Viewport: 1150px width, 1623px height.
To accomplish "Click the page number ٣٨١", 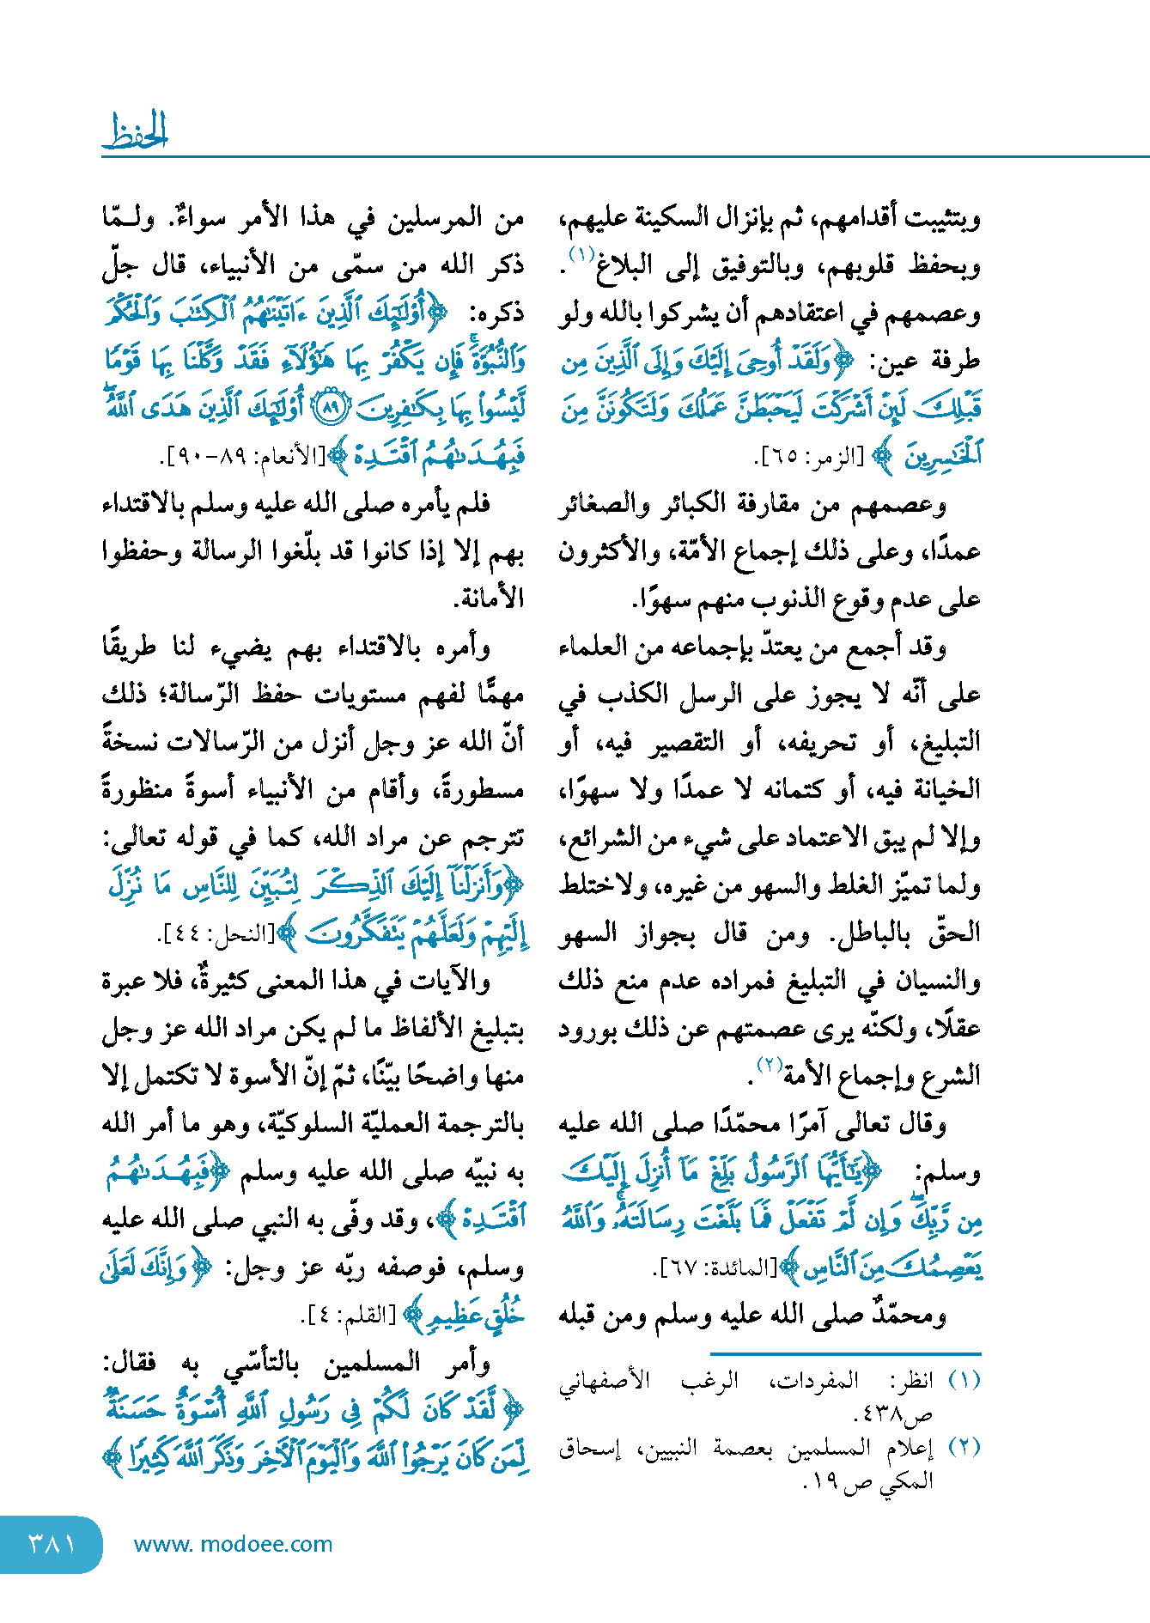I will click(x=52, y=1544).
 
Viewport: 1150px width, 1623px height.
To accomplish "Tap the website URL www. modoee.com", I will click(x=233, y=1544).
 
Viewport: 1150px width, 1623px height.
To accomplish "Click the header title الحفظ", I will click(x=135, y=131).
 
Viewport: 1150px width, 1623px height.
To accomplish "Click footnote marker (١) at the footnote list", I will click(x=964, y=1380).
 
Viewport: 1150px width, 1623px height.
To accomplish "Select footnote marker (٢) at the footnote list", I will click(x=964, y=1446).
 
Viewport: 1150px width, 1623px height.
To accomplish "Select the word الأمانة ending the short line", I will click(x=490, y=598).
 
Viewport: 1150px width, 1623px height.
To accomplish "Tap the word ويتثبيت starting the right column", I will click(x=941, y=218).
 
